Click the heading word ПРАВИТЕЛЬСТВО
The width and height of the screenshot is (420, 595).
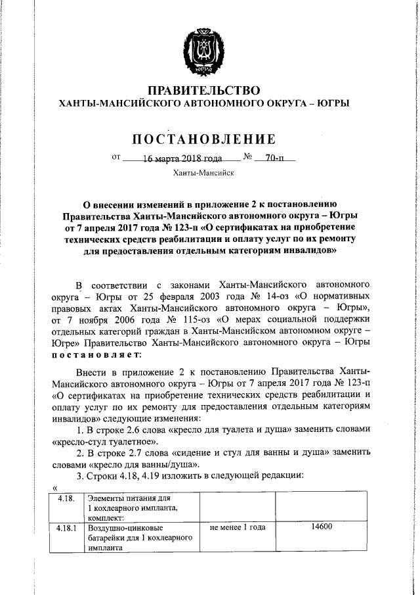click(203, 90)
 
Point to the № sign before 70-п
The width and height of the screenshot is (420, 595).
click(249, 158)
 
